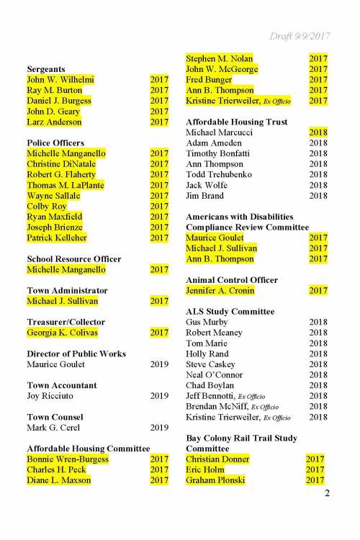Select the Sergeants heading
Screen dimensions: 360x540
pos(47,69)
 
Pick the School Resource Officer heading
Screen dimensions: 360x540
pos(74,259)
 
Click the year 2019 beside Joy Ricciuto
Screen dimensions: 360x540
pos(159,396)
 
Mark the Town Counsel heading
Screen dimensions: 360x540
pos(55,417)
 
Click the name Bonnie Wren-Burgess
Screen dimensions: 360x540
pos(68,459)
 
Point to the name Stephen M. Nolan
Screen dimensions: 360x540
pos(219,58)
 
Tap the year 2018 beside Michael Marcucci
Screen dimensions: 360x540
pos(318,132)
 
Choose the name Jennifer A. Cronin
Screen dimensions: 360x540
pos(227,291)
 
